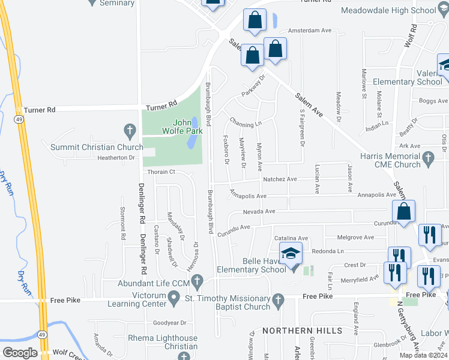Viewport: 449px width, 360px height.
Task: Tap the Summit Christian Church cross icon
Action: click(x=129, y=130)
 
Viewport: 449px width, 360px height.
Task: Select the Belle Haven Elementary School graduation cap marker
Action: click(x=291, y=255)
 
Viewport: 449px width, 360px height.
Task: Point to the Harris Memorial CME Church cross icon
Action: click(x=428, y=158)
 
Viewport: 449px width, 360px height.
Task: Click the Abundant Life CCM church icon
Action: click(x=197, y=281)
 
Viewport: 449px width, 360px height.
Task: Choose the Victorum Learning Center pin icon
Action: click(x=174, y=296)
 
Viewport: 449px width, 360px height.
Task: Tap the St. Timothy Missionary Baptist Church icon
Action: click(x=277, y=299)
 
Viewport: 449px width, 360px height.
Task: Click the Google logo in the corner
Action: click(x=20, y=353)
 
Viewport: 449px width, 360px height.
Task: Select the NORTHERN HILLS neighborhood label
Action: click(x=302, y=331)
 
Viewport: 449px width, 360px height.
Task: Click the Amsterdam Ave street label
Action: click(x=310, y=30)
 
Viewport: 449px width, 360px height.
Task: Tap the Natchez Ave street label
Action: click(x=279, y=179)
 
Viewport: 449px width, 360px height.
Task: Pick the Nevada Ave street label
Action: click(x=259, y=211)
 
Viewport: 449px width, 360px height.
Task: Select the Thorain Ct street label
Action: click(x=160, y=172)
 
